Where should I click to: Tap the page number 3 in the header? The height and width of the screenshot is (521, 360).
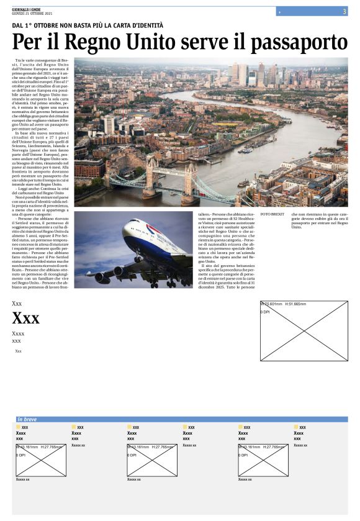[344, 11]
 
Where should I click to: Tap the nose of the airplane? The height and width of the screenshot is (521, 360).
[126, 232]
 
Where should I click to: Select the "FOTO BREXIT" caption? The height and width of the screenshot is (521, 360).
[272, 214]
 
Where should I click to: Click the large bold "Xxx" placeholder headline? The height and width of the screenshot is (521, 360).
[25, 319]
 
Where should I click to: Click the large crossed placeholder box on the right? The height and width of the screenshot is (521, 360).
[304, 331]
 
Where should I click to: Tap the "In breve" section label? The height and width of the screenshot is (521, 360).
[28, 419]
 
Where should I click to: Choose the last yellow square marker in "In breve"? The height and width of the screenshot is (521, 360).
[296, 427]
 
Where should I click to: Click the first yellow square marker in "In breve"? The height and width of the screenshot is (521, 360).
[18, 427]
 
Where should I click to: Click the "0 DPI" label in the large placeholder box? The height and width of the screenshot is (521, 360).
[265, 312]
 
